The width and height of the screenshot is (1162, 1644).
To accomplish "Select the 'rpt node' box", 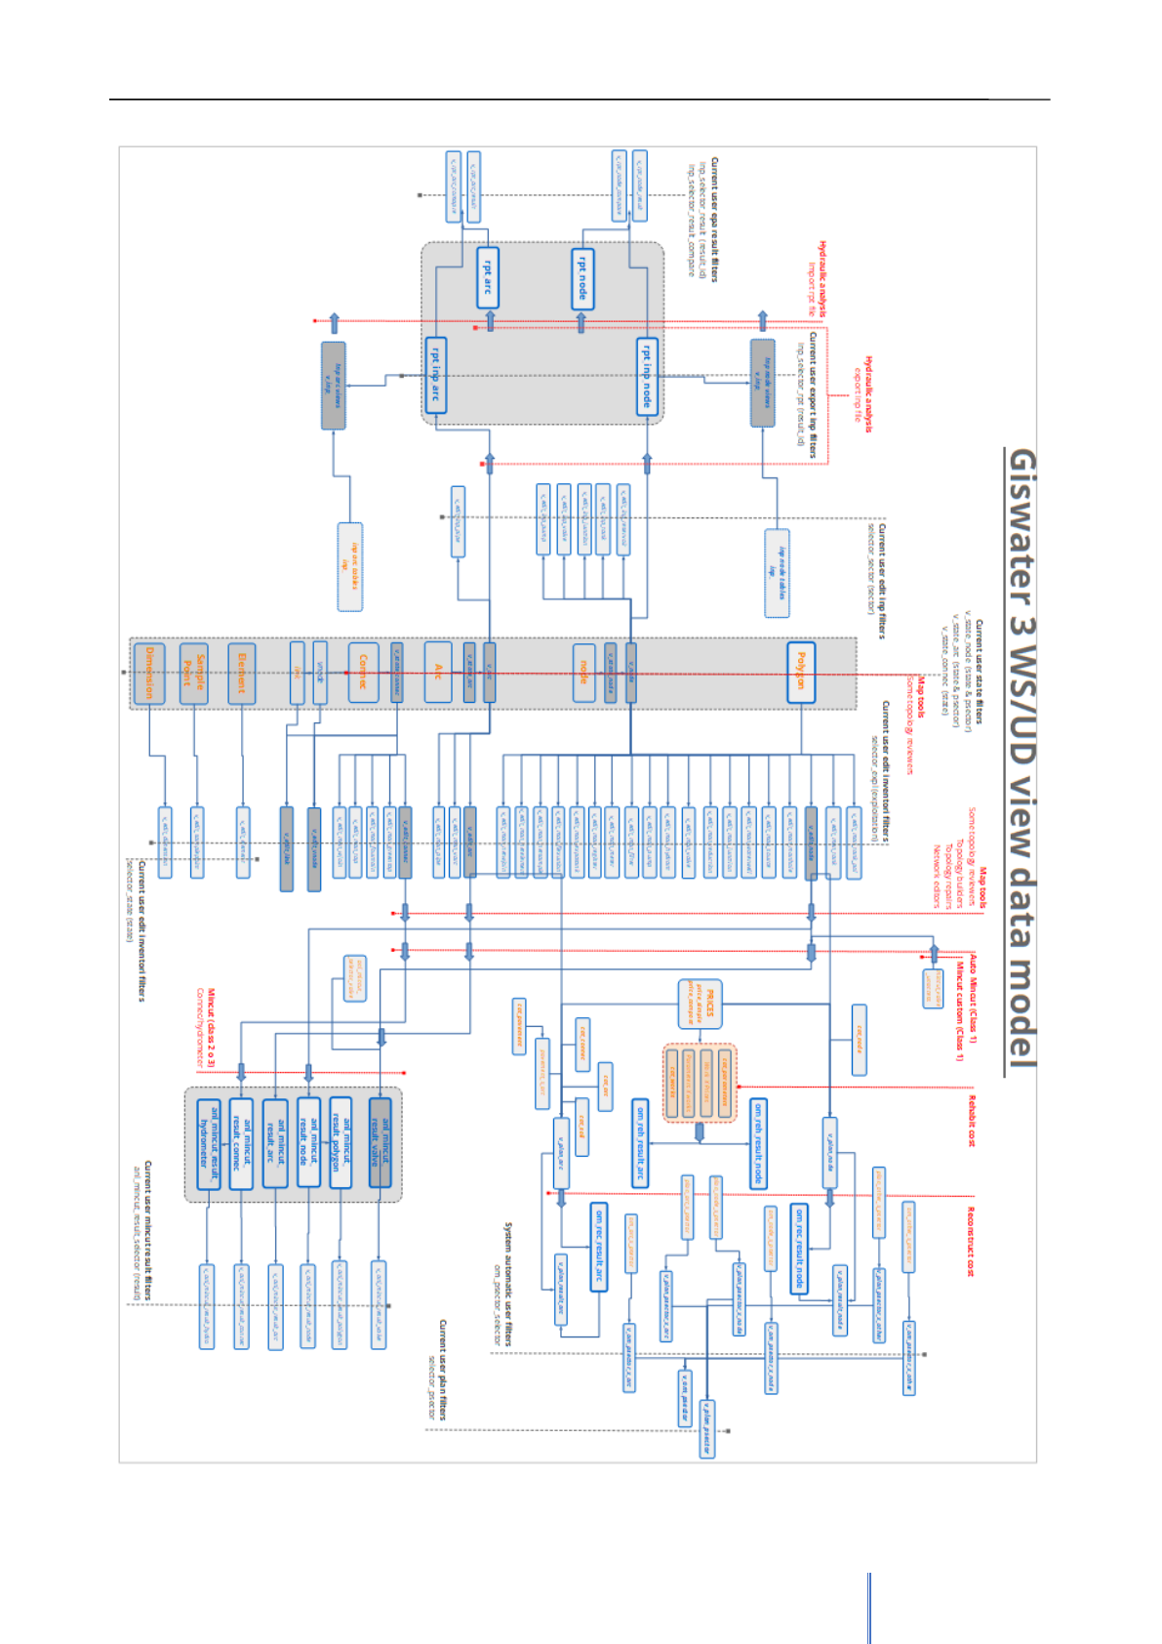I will tap(582, 278).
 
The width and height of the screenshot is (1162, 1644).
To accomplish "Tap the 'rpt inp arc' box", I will tap(436, 375).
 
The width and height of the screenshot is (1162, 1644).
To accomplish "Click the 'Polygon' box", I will tap(801, 672).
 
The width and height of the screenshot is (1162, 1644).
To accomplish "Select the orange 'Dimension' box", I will tap(149, 673).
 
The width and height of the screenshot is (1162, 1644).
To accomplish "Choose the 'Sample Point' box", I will tap(194, 673).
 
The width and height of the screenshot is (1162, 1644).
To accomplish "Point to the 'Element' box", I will tap(241, 673).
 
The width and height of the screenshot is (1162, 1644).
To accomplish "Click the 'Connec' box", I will tap(363, 672).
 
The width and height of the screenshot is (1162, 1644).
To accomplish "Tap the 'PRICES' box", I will tap(700, 1004).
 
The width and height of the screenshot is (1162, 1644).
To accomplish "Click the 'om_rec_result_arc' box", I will tap(598, 1247).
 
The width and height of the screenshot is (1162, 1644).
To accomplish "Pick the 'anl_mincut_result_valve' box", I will tap(380, 1142).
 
